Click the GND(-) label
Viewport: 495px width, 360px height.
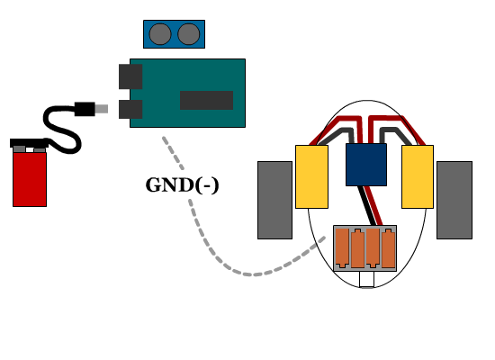[182, 185]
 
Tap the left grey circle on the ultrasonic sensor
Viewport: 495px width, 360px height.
[160, 34]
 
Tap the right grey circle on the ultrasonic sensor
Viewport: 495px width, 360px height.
[189, 34]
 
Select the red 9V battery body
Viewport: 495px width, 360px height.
[30, 179]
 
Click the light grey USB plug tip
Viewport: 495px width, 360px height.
[102, 109]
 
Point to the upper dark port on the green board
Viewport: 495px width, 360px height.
[130, 76]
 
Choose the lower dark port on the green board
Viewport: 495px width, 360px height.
[130, 109]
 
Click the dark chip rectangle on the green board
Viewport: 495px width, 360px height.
[206, 101]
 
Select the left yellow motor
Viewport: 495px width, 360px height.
[311, 176]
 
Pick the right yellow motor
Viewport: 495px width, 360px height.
[418, 176]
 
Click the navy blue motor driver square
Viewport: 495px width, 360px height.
[366, 165]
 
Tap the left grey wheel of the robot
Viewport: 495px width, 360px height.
[275, 200]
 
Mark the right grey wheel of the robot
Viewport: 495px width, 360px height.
[454, 200]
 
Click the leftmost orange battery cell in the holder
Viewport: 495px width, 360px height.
[342, 248]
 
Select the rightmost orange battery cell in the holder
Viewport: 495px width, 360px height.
[388, 248]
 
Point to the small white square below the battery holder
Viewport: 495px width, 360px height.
[367, 280]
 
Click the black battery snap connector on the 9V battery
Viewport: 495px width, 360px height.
[29, 143]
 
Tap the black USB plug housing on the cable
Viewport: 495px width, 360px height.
[85, 109]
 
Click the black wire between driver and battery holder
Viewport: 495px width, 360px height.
[366, 205]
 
